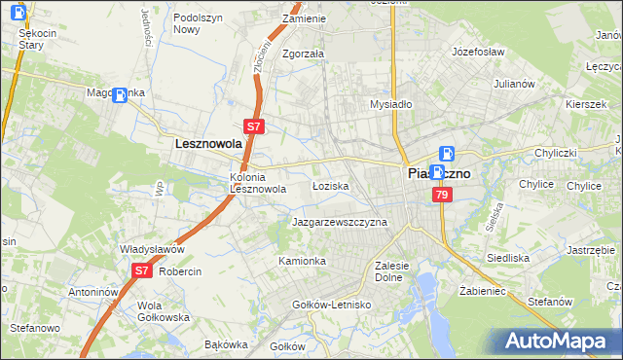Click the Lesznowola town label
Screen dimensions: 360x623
(207, 143)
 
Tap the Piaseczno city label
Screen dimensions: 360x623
(436, 173)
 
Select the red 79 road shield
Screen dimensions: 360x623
(443, 196)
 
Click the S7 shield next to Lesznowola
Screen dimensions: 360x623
(252, 126)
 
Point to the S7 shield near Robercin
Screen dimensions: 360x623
(141, 271)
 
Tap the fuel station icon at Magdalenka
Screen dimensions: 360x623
(120, 95)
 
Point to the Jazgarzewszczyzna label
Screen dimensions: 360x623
(340, 222)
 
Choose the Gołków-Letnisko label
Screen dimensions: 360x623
(333, 305)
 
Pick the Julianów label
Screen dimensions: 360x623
(515, 84)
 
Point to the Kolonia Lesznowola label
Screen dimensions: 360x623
(257, 183)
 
